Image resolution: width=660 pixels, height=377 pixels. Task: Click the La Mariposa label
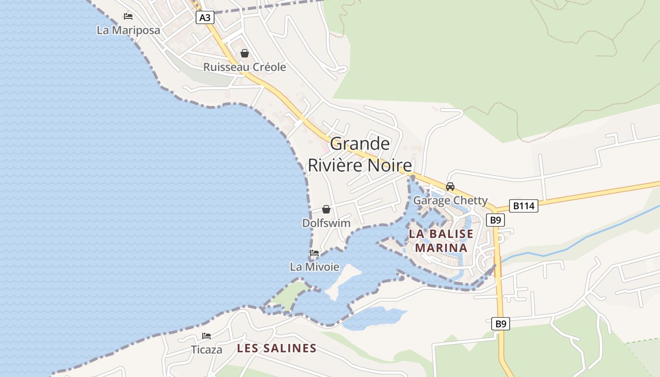click(128, 30)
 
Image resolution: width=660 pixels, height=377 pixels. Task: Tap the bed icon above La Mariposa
click(128, 16)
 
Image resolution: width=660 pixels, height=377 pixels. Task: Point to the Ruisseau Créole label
click(244, 67)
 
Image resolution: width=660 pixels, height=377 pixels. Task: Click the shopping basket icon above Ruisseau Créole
click(244, 53)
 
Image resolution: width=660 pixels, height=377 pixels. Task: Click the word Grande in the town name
click(360, 144)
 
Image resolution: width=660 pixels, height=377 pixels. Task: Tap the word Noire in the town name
click(388, 165)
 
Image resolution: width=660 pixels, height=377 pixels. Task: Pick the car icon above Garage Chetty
click(450, 187)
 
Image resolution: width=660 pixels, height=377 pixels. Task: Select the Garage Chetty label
click(450, 201)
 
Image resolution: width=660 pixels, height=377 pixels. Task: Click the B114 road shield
click(523, 206)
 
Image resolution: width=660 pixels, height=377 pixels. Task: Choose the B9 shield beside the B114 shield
click(495, 220)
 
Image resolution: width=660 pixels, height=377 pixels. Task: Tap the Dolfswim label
click(326, 223)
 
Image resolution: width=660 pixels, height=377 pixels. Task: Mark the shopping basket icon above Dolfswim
click(326, 209)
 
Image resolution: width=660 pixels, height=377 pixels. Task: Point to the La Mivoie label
click(314, 267)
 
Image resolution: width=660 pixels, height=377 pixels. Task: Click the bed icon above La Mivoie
click(314, 253)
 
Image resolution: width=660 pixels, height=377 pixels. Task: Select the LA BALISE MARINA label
click(441, 241)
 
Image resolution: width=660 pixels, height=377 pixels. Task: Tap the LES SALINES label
click(277, 349)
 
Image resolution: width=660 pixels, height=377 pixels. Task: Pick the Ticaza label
click(206, 350)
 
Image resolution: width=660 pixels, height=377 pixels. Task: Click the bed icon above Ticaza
click(206, 336)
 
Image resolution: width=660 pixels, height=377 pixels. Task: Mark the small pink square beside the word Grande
click(325, 149)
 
